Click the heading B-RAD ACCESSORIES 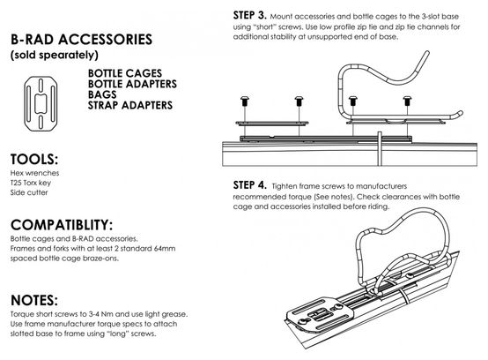[82, 40]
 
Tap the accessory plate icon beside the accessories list [41, 103]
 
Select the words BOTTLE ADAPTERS [132, 84]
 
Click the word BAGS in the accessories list [102, 94]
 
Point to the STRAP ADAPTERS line [130, 105]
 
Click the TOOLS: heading [34, 160]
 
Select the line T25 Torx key [31, 183]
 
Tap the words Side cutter [29, 192]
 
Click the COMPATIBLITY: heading [62, 225]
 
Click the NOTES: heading [34, 300]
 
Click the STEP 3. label [249, 15]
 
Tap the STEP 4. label [249, 185]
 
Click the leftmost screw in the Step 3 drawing [245, 101]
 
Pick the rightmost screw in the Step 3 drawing [407, 101]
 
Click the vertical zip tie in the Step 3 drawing [380, 148]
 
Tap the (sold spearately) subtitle [55, 56]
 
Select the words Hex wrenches [34, 173]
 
